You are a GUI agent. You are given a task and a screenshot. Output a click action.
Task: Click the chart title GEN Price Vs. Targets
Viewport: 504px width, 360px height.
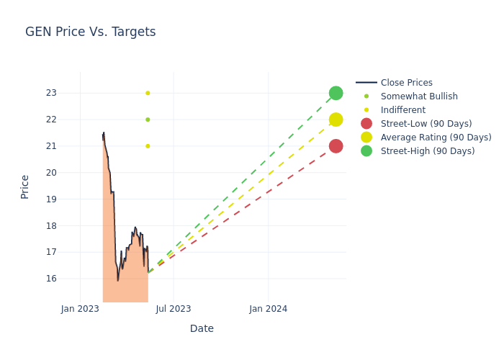pyautogui.click(x=90, y=32)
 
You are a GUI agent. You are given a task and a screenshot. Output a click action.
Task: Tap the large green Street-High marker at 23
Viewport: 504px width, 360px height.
pyautogui.click(x=336, y=93)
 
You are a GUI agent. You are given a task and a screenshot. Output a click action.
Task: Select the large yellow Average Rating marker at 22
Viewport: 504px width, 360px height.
pyautogui.click(x=336, y=120)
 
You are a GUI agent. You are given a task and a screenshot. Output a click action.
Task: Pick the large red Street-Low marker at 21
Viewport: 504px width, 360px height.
pyautogui.click(x=336, y=146)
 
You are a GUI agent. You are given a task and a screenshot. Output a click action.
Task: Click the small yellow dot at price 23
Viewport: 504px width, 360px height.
pyautogui.click(x=148, y=93)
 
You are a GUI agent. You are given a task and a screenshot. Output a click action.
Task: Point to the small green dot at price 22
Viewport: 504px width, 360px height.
pyautogui.click(x=148, y=120)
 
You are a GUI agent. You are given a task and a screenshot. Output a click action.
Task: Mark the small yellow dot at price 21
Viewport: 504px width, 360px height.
pyautogui.click(x=148, y=146)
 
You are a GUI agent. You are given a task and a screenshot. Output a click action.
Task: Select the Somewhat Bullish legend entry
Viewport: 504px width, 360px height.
pyautogui.click(x=418, y=96)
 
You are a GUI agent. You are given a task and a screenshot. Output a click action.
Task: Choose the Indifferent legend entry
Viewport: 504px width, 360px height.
pyautogui.click(x=402, y=110)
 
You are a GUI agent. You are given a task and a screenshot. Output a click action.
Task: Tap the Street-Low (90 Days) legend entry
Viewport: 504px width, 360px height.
pyautogui.click(x=426, y=124)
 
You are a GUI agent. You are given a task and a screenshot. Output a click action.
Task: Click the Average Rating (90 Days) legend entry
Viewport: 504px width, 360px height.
pyautogui.click(x=436, y=138)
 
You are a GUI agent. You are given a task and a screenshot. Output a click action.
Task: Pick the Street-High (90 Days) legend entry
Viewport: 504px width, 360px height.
pyautogui.click(x=427, y=151)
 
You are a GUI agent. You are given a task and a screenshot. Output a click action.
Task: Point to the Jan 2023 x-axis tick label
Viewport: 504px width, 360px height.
pyautogui.click(x=80, y=309)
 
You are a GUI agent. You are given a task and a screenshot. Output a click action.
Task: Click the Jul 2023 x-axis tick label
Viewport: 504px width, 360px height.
pyautogui.click(x=174, y=309)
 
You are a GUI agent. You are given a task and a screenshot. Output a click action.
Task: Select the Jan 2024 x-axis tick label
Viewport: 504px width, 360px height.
pyautogui.click(x=269, y=309)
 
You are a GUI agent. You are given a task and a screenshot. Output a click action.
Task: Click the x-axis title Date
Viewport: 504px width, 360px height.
pyautogui.click(x=202, y=329)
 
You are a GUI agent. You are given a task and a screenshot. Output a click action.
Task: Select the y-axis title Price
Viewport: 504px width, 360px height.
pyautogui.click(x=25, y=186)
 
